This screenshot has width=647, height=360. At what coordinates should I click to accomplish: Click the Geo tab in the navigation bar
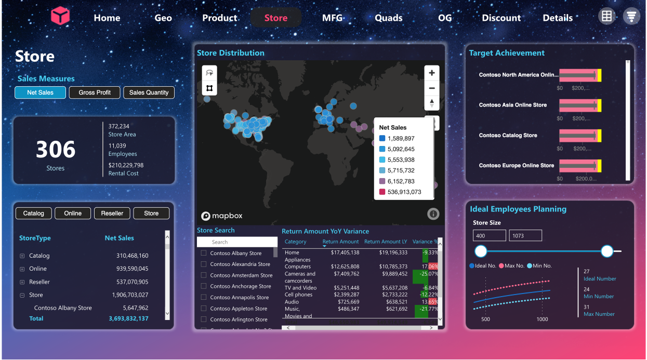point(163,18)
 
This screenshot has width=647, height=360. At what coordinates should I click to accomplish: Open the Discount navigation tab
point(501,18)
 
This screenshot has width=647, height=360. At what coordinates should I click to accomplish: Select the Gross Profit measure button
point(95,92)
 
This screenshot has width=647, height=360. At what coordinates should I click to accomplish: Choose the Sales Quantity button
point(149,92)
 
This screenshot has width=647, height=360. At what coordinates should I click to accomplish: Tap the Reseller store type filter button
point(112,213)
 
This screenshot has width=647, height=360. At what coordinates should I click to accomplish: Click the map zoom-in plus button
point(431,73)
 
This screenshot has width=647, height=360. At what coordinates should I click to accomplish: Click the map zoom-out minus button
point(431,88)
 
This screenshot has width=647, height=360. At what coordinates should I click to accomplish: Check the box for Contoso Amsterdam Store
point(204,275)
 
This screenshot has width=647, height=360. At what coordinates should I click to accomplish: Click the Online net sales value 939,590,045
point(132,269)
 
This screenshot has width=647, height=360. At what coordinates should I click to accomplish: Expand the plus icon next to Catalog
point(22,256)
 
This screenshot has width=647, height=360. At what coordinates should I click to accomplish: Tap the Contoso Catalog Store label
point(508,135)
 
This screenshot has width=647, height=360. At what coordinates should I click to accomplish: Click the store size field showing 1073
point(525,236)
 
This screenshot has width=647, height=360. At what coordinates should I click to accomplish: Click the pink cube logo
point(60,16)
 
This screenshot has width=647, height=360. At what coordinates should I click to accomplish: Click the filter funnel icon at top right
point(631,16)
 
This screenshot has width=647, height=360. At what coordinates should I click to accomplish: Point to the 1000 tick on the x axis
point(542,319)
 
